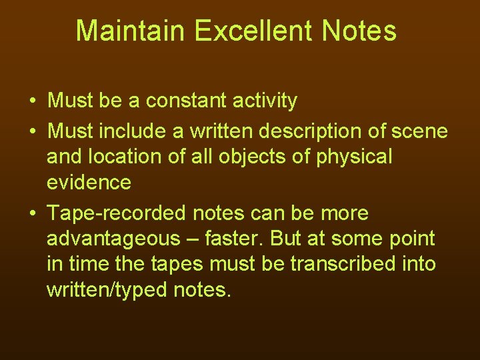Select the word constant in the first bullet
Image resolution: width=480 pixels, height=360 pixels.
click(x=187, y=101)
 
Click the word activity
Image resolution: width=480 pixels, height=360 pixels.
click(x=263, y=101)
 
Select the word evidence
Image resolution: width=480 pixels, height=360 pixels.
click(x=89, y=182)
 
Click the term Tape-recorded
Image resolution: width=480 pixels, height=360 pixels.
click(x=117, y=213)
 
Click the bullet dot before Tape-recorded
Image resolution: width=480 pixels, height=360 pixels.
click(x=32, y=213)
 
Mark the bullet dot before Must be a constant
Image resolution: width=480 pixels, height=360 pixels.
click(x=32, y=101)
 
